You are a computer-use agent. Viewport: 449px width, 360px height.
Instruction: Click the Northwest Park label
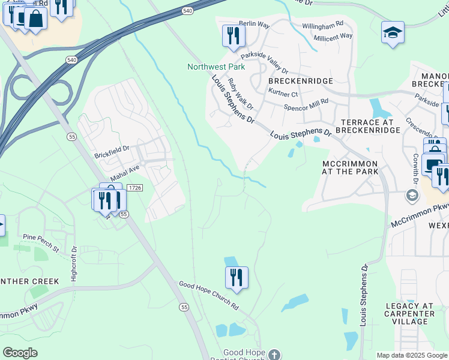pyautogui.click(x=215, y=67)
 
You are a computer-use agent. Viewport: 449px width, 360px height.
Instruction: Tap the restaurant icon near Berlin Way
pyautogui.click(x=234, y=36)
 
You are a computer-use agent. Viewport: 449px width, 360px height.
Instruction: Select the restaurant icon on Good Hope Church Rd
pyautogui.click(x=237, y=278)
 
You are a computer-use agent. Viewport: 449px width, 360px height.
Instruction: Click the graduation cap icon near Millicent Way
pyautogui.click(x=393, y=32)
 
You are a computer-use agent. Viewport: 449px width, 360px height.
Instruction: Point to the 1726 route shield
pyautogui.click(x=134, y=188)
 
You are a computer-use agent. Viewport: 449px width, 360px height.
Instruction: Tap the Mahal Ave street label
pyautogui.click(x=125, y=173)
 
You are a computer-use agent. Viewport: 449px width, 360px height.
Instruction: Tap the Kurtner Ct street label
pyautogui.click(x=283, y=94)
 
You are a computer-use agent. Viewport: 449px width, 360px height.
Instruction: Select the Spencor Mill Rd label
pyautogui.click(x=306, y=106)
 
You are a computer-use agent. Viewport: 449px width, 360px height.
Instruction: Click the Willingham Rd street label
pyautogui.click(x=322, y=25)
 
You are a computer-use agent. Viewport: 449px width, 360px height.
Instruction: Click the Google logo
pyautogui.click(x=20, y=353)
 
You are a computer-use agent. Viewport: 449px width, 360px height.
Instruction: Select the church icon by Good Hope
pyautogui.click(x=274, y=354)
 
